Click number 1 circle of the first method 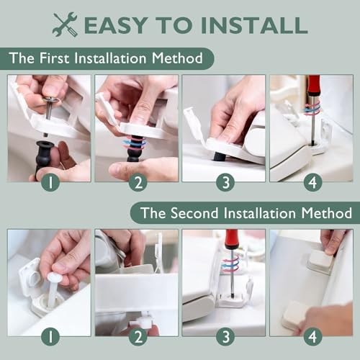tap(49, 182)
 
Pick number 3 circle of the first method tap(225, 182)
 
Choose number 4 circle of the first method tap(312, 182)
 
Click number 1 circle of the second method tap(49, 336)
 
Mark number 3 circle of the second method tap(225, 336)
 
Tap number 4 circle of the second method tap(312, 336)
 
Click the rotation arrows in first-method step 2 tap(134, 143)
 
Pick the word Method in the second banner tap(323, 213)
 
